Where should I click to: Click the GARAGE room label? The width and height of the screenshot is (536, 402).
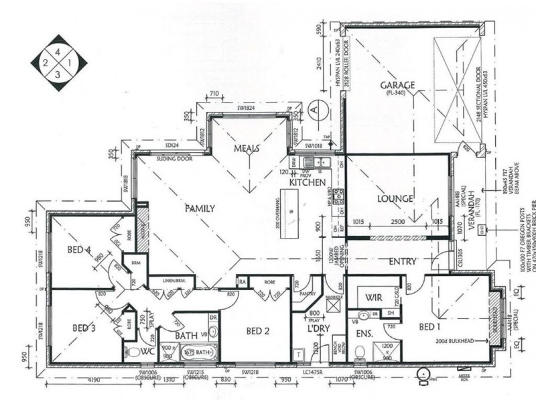click(x=397, y=86)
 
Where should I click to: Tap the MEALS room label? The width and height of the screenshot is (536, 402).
click(x=247, y=148)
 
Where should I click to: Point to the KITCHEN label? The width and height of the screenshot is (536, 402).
click(x=307, y=182)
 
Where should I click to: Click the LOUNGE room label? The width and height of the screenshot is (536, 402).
click(x=395, y=199)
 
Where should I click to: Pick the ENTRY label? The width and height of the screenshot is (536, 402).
click(x=402, y=261)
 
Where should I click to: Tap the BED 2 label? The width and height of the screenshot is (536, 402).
click(x=257, y=331)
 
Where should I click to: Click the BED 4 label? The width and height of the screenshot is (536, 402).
click(x=78, y=250)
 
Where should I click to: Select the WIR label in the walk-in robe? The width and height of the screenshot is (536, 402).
click(x=373, y=295)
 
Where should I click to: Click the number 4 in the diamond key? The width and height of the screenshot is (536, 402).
click(x=58, y=51)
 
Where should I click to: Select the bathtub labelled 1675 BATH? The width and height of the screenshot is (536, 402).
click(x=198, y=351)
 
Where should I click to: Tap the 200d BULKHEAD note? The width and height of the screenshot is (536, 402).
click(x=456, y=342)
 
